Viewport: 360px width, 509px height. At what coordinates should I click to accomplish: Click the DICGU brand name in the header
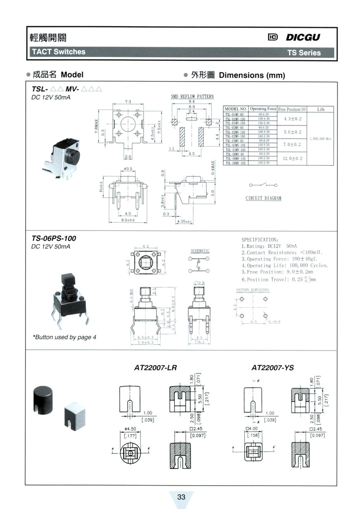tap(303, 37)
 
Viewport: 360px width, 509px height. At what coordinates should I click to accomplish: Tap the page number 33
tap(181, 497)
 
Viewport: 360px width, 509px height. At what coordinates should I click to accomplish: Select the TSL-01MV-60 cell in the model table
tap(236, 114)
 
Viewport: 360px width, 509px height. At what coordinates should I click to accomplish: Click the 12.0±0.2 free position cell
tap(292, 158)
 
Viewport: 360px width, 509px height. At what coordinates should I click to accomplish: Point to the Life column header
tap(321, 109)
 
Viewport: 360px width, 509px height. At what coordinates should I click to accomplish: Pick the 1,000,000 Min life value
tap(321, 139)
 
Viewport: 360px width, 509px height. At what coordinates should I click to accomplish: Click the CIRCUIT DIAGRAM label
tap(263, 198)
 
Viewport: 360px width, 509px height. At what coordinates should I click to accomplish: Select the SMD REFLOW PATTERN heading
tap(192, 96)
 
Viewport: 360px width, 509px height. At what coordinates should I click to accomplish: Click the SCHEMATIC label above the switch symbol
tap(199, 251)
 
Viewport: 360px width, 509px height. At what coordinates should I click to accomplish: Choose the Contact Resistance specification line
tap(282, 252)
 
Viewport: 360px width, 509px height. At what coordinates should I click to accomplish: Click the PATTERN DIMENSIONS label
tap(252, 289)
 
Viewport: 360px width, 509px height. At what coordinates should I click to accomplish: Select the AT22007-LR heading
tap(155, 368)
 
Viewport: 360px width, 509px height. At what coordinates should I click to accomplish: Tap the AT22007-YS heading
tap(273, 368)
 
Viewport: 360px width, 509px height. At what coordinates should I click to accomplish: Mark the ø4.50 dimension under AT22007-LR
tap(129, 429)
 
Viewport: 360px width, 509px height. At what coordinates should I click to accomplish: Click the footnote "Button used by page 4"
tap(64, 337)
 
